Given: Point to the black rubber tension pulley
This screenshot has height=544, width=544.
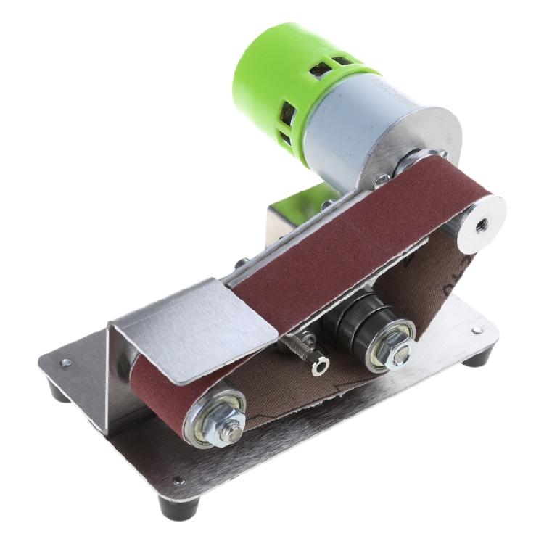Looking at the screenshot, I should [363, 319].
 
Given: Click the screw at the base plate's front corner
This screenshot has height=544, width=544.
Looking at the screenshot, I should [177, 480].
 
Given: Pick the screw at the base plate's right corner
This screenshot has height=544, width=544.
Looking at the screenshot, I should [475, 330].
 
